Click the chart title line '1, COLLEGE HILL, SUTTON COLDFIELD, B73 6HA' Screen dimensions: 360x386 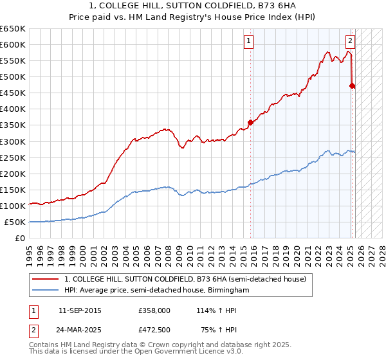[x=193, y=6]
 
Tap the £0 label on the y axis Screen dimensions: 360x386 [x=19, y=238]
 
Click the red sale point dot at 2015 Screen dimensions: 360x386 [x=250, y=122]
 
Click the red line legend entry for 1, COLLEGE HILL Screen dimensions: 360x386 [x=187, y=280]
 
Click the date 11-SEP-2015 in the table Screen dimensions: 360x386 [x=80, y=310]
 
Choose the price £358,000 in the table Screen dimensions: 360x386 [x=154, y=310]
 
